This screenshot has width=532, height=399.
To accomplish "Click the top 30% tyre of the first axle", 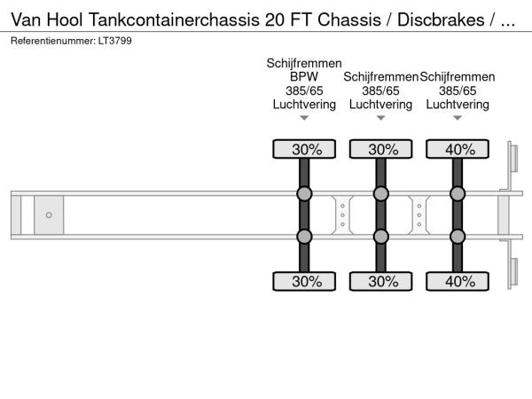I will pos(304,150).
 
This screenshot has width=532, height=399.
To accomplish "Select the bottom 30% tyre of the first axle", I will pos(304,281).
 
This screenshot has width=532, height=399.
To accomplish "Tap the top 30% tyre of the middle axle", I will pos(381,150).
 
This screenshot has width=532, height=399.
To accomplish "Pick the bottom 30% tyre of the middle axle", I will pos(381,281).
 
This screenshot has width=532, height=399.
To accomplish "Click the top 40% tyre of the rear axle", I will pos(458,150).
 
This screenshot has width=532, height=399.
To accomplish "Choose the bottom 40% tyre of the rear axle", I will pos(458,281).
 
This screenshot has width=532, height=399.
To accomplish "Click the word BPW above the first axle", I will pos(304,77).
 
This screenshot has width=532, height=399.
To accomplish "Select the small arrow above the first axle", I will pos(304,118).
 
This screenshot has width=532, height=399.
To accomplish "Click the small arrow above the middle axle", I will pos(381,118).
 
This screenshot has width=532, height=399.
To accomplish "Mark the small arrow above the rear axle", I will pos(458,118).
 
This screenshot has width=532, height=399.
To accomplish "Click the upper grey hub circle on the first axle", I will pos(304,194).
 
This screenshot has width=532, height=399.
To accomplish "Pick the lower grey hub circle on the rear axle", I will pos(458,237).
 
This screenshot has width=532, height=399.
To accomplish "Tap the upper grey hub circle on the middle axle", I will pos(381,194).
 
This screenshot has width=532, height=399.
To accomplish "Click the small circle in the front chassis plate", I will pos(49,215).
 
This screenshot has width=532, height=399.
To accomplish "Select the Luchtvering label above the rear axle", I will pos(458,105).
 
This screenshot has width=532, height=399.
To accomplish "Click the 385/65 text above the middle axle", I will pos(381,90).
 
